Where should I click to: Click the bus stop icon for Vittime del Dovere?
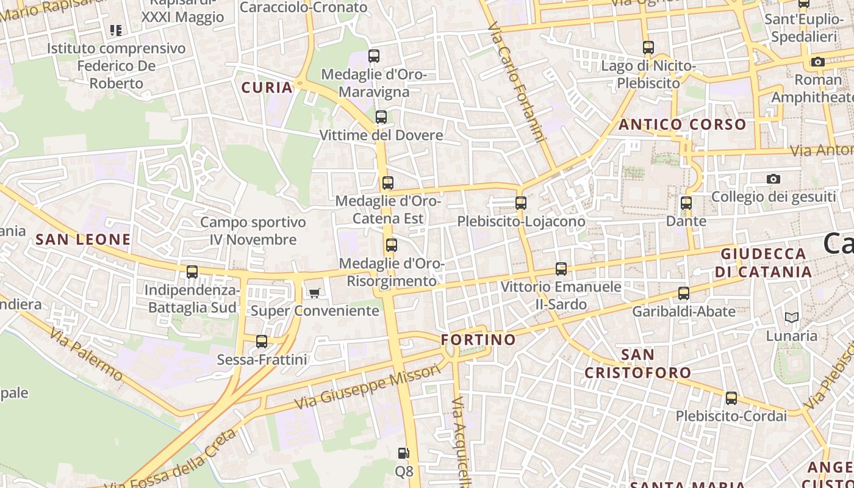[x=381, y=117]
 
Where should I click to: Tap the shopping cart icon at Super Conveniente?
[x=314, y=293]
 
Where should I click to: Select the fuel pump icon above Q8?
[x=403, y=453]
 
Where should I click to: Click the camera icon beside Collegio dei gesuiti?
[x=773, y=179]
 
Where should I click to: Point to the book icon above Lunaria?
[x=791, y=317]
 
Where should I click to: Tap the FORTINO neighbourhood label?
[x=478, y=339]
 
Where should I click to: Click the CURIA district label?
[x=267, y=87]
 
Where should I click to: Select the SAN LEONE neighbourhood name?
[x=83, y=239]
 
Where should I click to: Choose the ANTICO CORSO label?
[x=683, y=124]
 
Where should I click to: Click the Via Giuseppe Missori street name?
[x=367, y=387]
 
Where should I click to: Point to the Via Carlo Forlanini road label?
[x=516, y=82]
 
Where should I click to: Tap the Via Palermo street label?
[x=86, y=354]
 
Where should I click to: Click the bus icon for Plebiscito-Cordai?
[x=731, y=398]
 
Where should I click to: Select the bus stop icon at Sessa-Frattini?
[x=262, y=342]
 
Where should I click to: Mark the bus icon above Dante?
[x=686, y=203]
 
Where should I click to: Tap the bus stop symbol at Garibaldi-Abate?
[x=684, y=293]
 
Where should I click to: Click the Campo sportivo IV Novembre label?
[x=253, y=231]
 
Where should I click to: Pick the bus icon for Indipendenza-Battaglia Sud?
[x=192, y=272]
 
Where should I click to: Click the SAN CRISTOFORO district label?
[x=638, y=364]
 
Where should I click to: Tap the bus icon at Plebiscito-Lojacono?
[x=521, y=203]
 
